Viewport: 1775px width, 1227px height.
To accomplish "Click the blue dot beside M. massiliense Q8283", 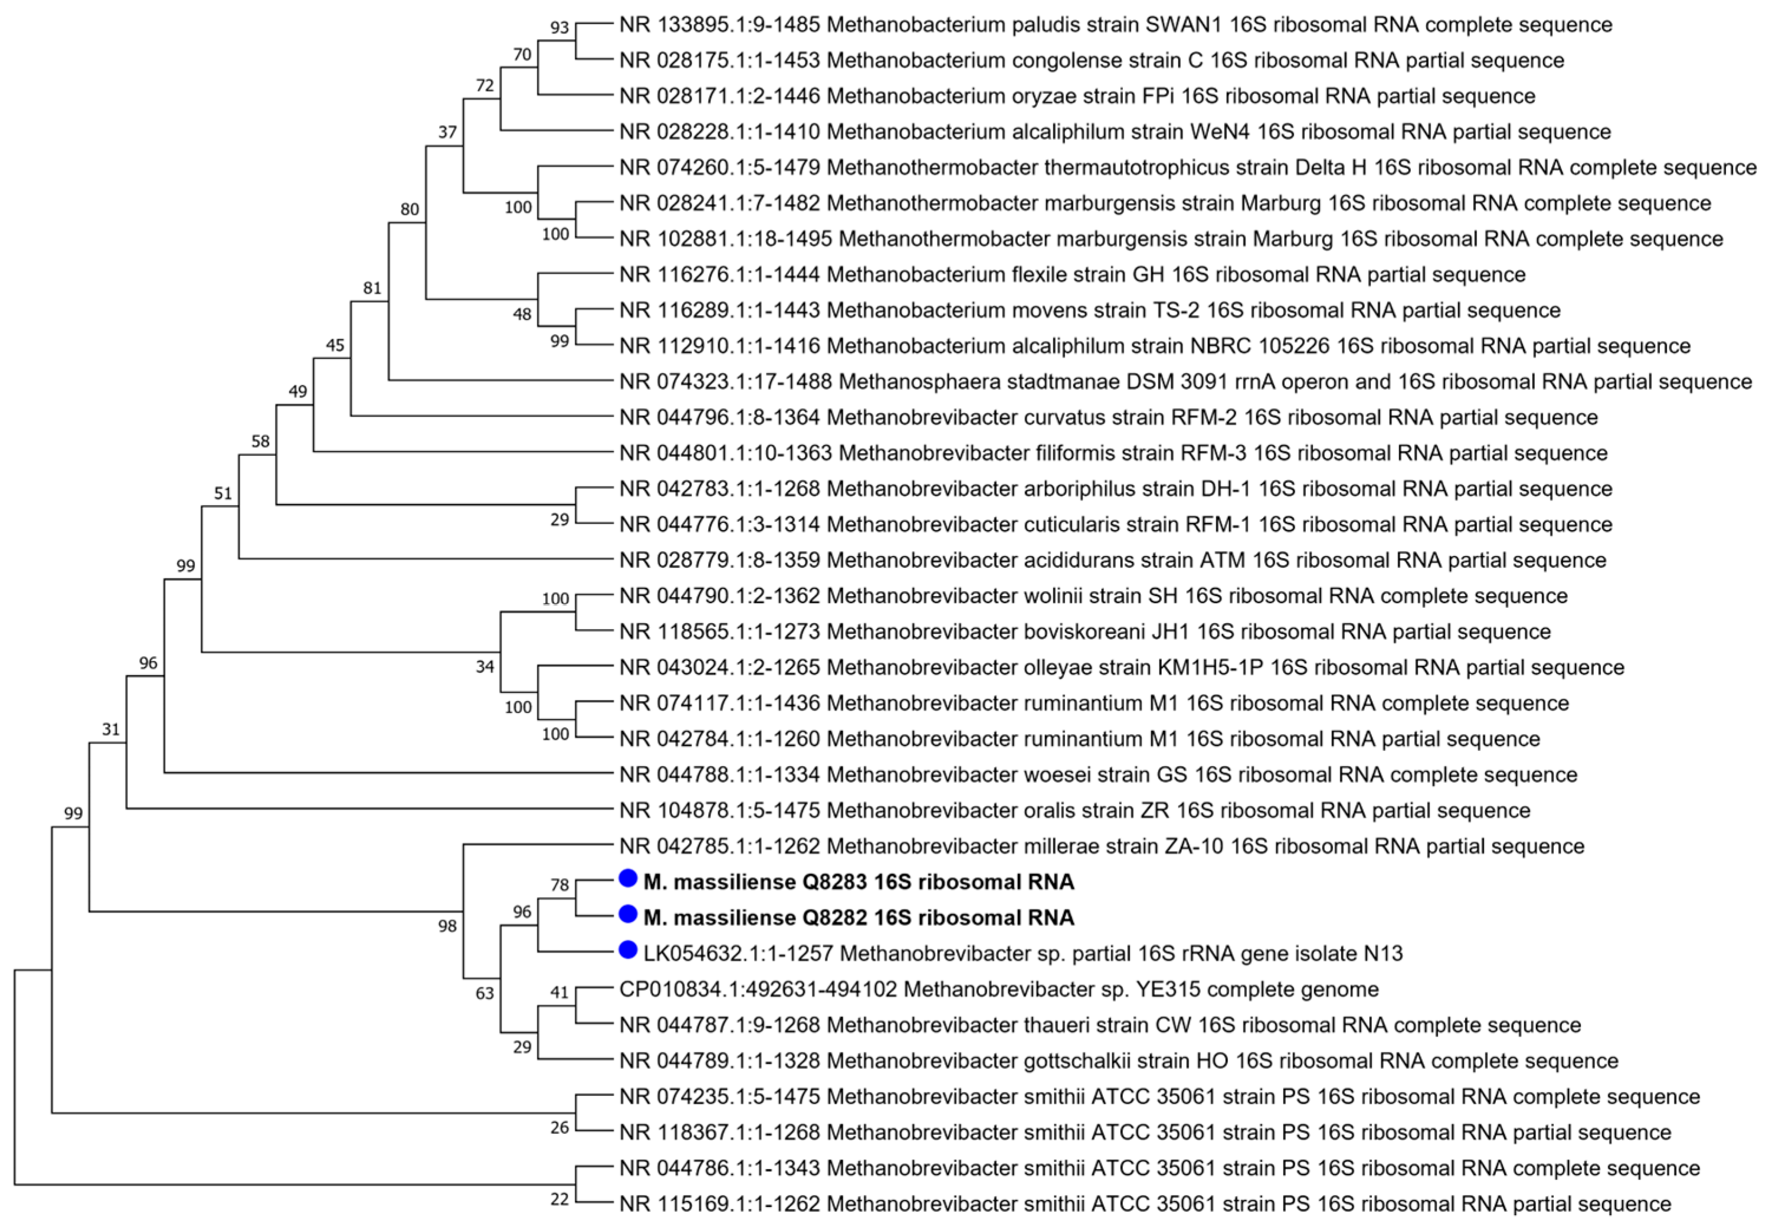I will [x=628, y=878].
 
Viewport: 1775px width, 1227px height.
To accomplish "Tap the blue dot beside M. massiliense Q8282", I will [x=628, y=914].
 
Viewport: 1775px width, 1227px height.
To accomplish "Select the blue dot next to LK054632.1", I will [x=628, y=950].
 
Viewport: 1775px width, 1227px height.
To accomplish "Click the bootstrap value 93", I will [x=559, y=28].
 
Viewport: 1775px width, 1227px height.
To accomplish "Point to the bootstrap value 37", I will [x=447, y=132].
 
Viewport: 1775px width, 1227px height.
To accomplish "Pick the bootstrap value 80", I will [x=410, y=209].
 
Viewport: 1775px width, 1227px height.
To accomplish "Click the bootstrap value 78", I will [x=559, y=885].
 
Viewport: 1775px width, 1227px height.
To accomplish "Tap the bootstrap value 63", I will [x=484, y=993].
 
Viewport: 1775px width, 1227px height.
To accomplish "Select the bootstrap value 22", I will [x=559, y=1199].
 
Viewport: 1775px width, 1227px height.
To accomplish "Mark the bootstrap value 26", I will [x=559, y=1128].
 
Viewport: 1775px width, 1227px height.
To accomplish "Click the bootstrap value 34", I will [x=484, y=666].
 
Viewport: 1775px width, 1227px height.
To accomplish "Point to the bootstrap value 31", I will [x=111, y=729].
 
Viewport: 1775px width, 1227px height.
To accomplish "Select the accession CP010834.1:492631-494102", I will [x=758, y=989].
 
